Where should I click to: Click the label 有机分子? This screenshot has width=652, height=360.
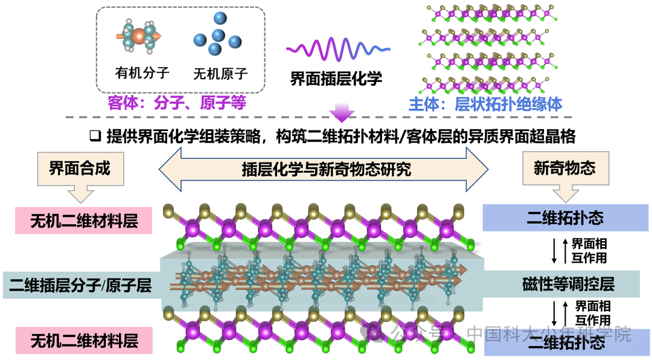(x=142, y=73)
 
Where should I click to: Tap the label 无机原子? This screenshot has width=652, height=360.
(x=220, y=74)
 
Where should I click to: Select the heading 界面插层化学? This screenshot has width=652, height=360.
(x=336, y=79)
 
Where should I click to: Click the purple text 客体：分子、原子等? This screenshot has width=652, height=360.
(x=177, y=103)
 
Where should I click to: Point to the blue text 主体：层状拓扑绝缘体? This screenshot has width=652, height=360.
(x=485, y=104)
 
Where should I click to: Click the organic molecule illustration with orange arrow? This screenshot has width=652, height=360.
(x=138, y=37)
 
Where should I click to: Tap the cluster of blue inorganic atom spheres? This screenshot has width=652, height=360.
(x=218, y=33)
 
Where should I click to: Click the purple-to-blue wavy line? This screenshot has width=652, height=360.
(x=337, y=49)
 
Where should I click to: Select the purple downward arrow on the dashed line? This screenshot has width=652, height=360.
(x=341, y=113)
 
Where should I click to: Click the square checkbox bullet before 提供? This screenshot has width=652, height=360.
(x=95, y=136)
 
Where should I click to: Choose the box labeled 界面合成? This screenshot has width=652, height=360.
(x=80, y=169)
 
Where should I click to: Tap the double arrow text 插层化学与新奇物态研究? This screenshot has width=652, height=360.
(x=327, y=169)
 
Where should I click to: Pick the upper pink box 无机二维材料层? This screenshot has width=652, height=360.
(x=83, y=220)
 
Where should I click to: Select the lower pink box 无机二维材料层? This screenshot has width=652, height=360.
(x=84, y=341)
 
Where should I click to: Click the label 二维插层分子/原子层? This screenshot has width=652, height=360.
(x=80, y=286)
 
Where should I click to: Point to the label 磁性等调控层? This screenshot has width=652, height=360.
(x=569, y=284)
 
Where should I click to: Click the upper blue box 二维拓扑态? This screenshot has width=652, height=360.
(x=565, y=217)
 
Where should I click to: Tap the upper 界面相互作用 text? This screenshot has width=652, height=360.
(x=589, y=251)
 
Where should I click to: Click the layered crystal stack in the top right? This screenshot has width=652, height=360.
(x=488, y=49)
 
